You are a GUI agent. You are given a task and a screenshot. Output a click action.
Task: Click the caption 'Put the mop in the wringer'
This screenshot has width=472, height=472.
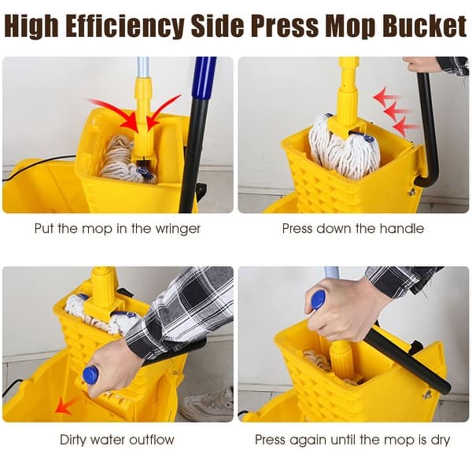coord(117,229)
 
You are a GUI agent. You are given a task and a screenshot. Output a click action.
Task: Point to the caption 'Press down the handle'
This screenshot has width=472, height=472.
coord(353,229)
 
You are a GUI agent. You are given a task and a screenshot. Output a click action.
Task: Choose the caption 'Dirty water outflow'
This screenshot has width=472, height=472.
coord(117,439)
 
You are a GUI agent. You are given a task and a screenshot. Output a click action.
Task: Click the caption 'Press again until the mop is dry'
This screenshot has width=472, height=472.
coord(353,439)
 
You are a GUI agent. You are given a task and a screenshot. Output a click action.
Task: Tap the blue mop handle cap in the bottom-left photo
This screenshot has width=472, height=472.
coord(90,375)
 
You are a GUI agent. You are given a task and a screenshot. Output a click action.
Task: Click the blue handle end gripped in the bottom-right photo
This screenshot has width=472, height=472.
coord(318,300)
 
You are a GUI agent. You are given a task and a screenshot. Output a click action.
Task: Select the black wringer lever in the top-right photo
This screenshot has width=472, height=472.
coord(427,126)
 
